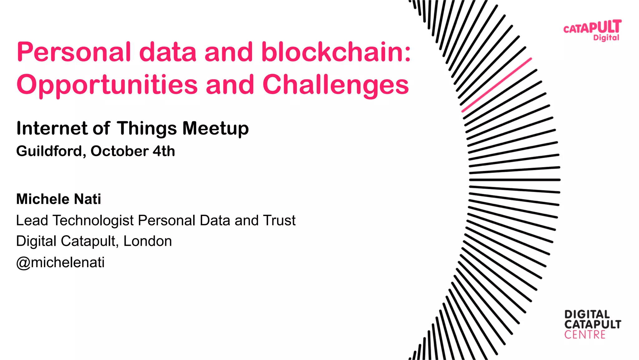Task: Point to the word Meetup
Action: click(x=215, y=128)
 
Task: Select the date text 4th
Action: click(x=164, y=151)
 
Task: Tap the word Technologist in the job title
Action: click(x=93, y=221)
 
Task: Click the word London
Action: click(x=148, y=241)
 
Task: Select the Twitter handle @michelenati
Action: click(x=60, y=262)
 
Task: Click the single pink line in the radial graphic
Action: click(x=496, y=85)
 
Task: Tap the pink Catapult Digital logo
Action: click(x=592, y=30)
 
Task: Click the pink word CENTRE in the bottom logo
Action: click(x=585, y=335)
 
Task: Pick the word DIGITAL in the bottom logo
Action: click(x=587, y=314)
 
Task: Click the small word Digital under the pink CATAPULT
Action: click(x=606, y=38)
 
